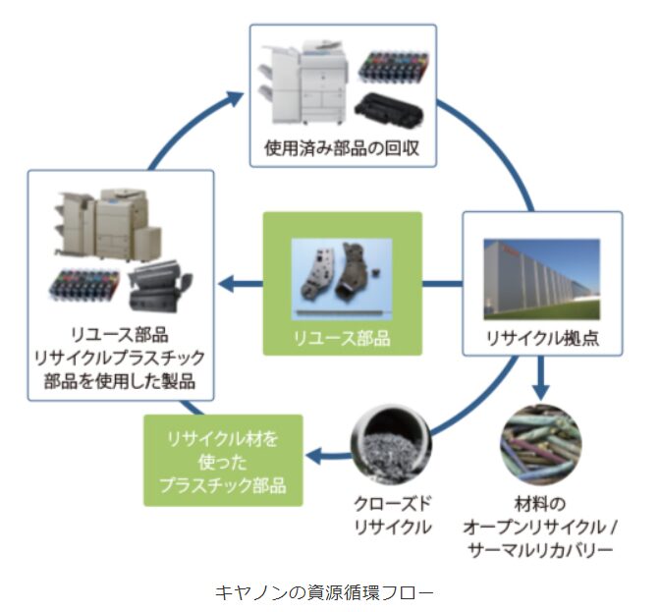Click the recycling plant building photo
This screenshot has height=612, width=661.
click(x=541, y=278)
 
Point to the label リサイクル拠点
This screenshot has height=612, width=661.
click(x=542, y=339)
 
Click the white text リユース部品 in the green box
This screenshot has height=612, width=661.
click(x=342, y=338)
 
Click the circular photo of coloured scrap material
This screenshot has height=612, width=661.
click(x=540, y=438)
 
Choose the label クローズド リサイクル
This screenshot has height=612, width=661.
click(x=393, y=515)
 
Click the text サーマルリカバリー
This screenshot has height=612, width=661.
click(x=541, y=549)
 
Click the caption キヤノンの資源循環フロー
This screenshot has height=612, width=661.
click(x=324, y=592)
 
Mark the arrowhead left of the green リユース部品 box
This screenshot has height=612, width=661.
click(x=226, y=285)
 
